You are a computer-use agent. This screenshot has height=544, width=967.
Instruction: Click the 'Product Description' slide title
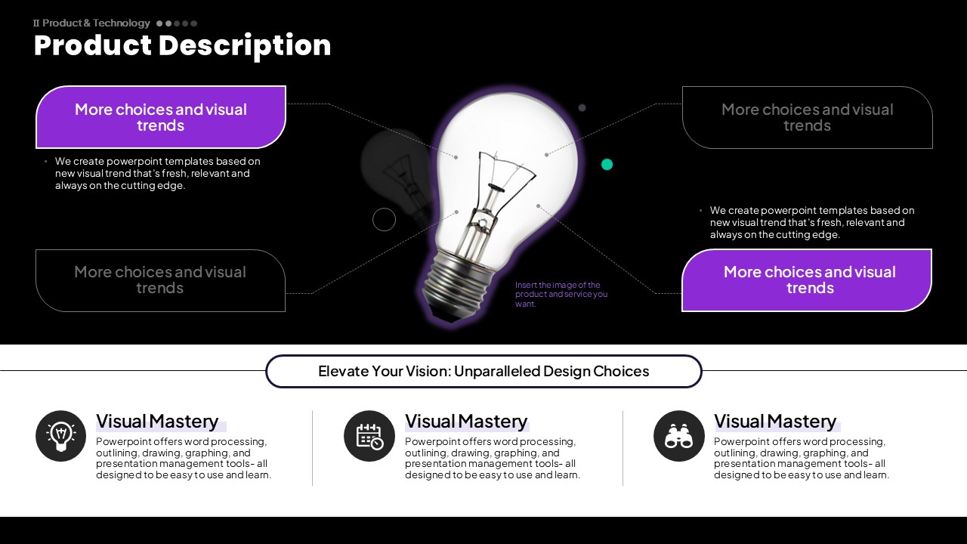pos(182,46)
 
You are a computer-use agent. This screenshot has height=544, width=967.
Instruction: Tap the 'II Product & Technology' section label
pos(91,23)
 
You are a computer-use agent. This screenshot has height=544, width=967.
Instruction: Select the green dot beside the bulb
pos(607,165)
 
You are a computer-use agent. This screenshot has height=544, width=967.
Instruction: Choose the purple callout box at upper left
pos(161,117)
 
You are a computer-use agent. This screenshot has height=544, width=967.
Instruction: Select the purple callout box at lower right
pos(807,280)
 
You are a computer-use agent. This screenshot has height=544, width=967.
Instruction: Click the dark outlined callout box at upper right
pos(808,117)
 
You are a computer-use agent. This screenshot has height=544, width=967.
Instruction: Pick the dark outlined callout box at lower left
pos(160,280)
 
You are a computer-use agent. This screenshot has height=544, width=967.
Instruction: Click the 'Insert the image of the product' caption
pos(561,294)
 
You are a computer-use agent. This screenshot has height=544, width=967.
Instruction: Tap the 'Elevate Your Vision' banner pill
pos(483,371)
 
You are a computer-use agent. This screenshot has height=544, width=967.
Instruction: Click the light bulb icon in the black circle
pos(61,436)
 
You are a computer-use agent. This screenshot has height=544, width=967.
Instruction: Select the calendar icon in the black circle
pos(369,436)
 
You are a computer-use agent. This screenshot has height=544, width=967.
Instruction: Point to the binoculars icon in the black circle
pos(679,436)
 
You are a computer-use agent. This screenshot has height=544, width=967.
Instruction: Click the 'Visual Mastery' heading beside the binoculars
pos(775,422)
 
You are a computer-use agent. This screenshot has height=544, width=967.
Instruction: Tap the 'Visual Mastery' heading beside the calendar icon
pos(466,422)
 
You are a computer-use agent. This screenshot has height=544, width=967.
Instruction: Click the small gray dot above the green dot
pos(582,108)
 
